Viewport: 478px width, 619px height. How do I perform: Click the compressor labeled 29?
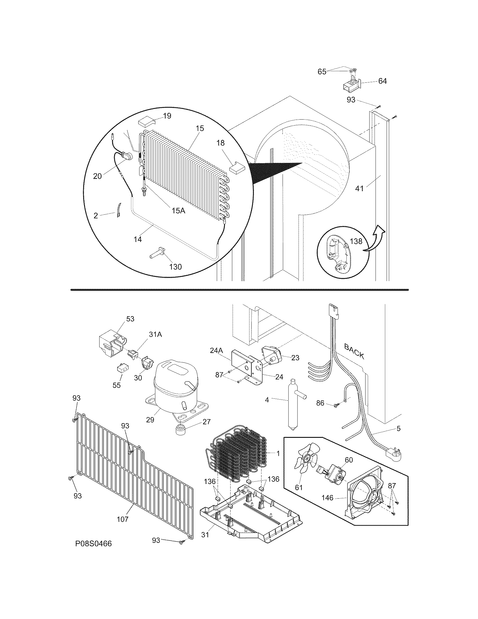pyautogui.click(x=174, y=388)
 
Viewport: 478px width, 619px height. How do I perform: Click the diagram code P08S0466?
pyautogui.click(x=93, y=544)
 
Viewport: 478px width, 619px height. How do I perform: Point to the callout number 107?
pyautogui.click(x=123, y=519)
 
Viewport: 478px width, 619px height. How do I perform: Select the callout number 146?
pyautogui.click(x=328, y=497)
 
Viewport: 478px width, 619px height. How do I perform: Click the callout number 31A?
pyautogui.click(x=155, y=335)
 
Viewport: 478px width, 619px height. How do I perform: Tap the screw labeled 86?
pyautogui.click(x=336, y=405)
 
